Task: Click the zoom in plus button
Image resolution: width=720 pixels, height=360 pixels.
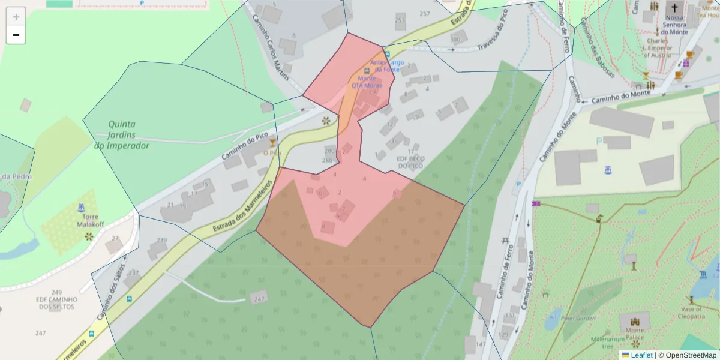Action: [16, 17]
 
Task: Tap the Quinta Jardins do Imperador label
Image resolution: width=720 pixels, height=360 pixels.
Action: [121, 134]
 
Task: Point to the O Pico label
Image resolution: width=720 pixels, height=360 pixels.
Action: [272, 153]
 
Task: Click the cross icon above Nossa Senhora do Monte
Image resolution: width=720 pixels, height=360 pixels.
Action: [675, 8]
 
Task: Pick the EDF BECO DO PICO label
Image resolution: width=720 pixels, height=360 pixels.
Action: [410, 162]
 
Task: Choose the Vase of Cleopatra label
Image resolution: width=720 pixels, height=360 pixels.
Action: [694, 312]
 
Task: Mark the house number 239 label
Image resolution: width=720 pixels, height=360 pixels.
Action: [161, 240]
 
